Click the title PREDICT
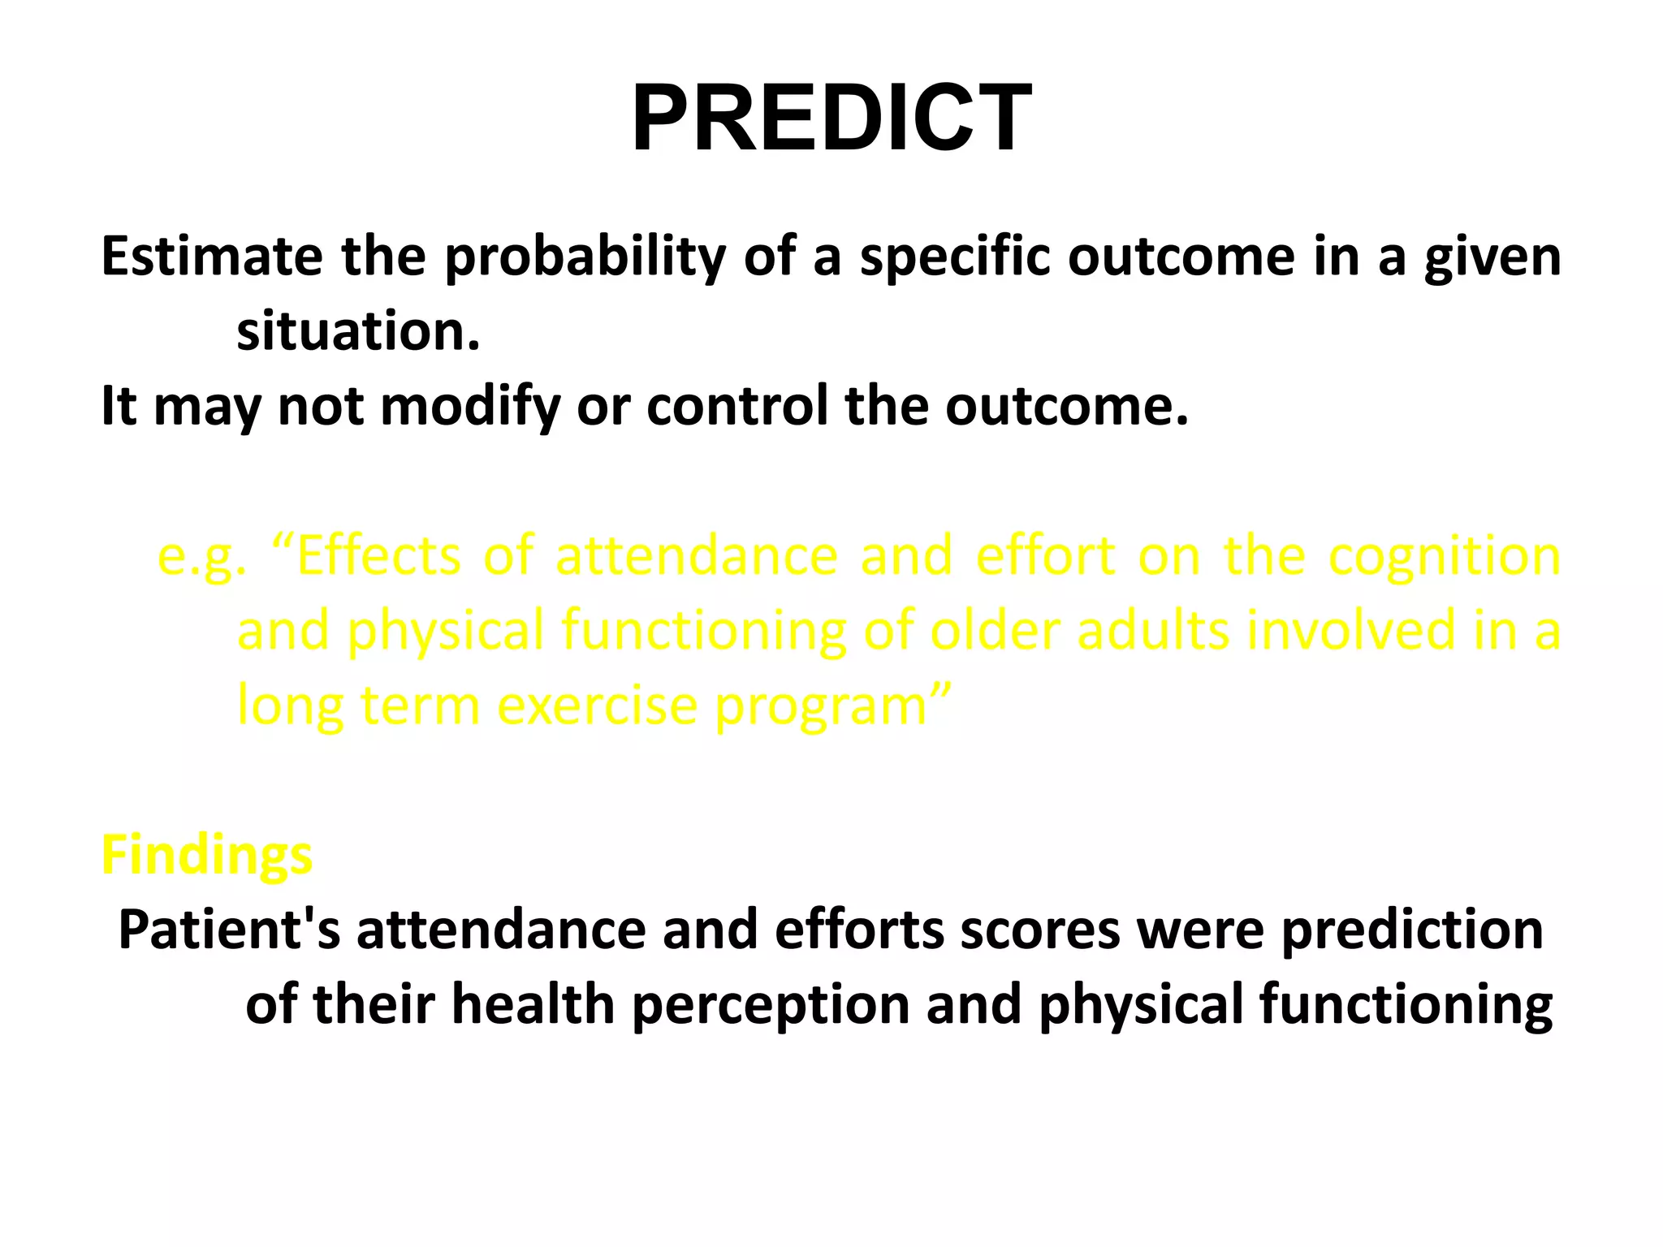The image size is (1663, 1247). (831, 119)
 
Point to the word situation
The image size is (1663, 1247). (358, 332)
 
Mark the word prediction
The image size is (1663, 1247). (1412, 931)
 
